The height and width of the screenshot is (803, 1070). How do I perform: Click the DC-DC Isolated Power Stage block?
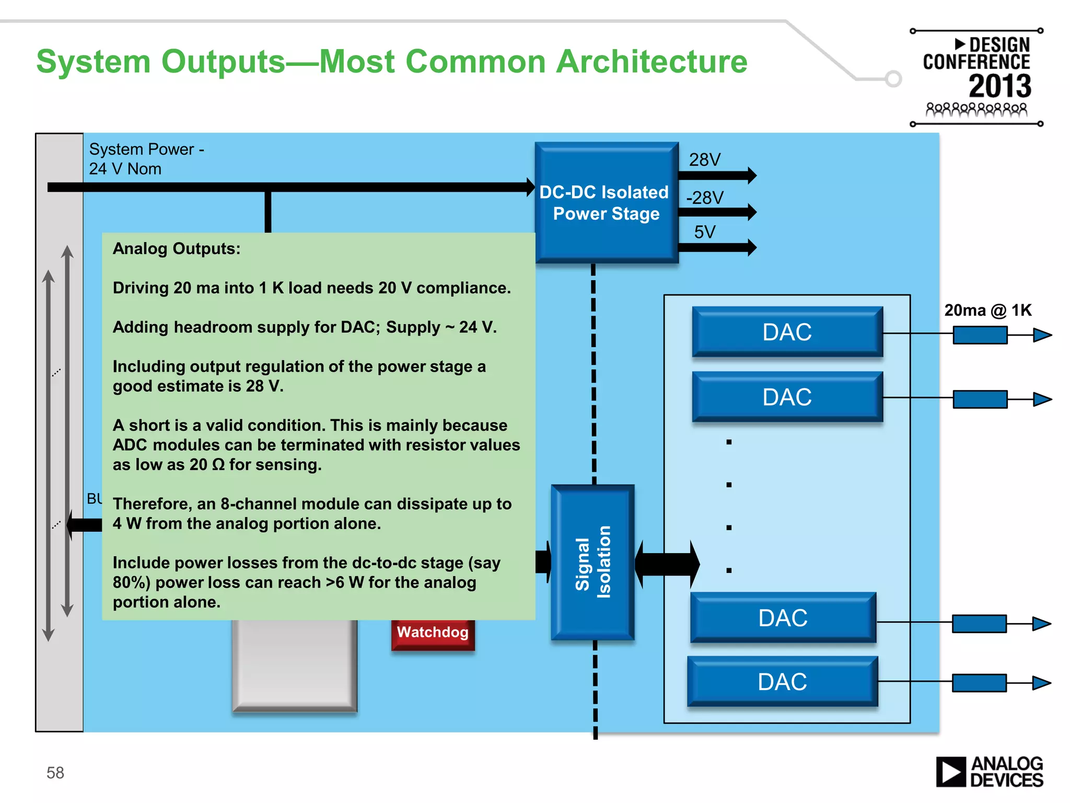pos(606,203)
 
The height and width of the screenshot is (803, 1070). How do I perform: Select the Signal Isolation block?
pos(592,562)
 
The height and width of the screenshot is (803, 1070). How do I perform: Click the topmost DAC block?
pos(787,332)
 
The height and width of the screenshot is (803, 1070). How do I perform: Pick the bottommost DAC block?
pos(782,682)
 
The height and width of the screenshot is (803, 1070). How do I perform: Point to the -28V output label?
pos(705,198)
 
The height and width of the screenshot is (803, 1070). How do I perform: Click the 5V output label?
pos(705,232)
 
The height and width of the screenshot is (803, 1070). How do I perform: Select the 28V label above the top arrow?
pos(705,159)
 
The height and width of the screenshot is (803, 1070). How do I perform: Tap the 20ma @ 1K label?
pos(987,310)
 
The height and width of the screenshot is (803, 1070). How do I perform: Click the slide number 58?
pos(55,773)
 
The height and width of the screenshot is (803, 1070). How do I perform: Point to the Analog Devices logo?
pos(989,772)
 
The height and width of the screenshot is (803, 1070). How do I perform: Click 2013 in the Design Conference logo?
pos(999,86)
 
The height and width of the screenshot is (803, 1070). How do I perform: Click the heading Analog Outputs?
pos(177,248)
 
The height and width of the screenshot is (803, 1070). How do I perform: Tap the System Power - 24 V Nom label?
pos(146,159)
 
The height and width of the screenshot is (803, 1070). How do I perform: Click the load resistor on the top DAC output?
pos(980,335)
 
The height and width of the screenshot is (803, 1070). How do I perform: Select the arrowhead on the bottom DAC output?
pos(1041,683)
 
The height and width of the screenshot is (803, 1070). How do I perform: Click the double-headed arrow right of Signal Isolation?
pos(667,564)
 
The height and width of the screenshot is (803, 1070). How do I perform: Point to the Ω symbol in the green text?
pos(218,465)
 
